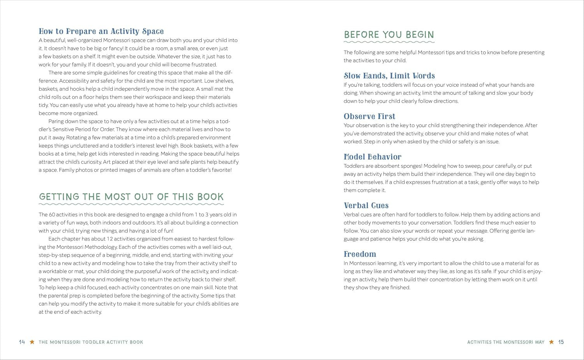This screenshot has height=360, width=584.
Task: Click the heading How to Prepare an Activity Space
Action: [x=101, y=32]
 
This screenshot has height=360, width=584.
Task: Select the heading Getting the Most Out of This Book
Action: [x=132, y=197]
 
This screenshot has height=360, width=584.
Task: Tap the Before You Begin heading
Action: [x=389, y=35]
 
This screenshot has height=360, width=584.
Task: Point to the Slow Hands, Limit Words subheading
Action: [x=389, y=76]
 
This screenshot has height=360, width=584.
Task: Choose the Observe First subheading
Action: [x=369, y=116]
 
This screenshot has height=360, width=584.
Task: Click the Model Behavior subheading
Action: [x=372, y=157]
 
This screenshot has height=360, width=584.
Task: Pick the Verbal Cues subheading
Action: [x=366, y=205]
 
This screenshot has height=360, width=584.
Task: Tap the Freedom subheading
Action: [x=360, y=254]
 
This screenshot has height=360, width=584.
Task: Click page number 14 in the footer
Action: [x=22, y=342]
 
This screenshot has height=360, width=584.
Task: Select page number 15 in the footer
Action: [x=561, y=342]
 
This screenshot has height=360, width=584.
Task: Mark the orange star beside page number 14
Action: [x=32, y=342]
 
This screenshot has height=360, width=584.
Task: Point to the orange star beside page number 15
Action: [x=551, y=342]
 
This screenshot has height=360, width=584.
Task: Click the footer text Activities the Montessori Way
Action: [x=506, y=342]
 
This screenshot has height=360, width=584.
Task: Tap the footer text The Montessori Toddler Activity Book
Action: [x=91, y=342]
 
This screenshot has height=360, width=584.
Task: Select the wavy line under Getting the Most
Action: [x=132, y=204]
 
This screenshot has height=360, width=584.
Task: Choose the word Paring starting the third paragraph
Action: [x=56, y=121]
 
